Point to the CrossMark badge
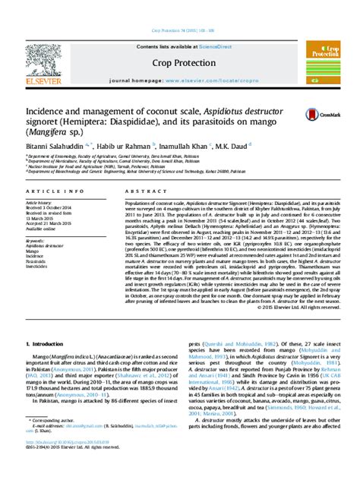pyautogui.click(x=319, y=114)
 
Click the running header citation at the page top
pyautogui.click(x=180, y=30)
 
